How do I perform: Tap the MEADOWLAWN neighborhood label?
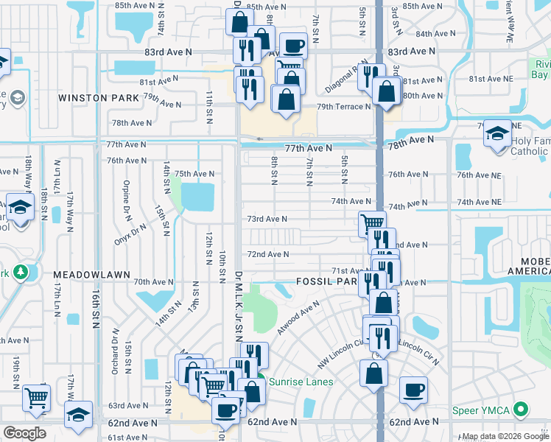(91, 274)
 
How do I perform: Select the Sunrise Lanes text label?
(300, 382)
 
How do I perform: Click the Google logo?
(24, 433)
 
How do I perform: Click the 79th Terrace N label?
(343, 107)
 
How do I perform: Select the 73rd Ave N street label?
(267, 219)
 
